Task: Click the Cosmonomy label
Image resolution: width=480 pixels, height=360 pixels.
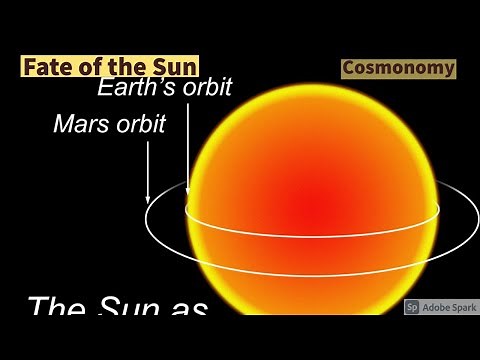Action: (x=398, y=69)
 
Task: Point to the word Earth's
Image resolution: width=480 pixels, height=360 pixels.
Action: (x=137, y=88)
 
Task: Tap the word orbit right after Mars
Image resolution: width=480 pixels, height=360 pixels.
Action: (x=140, y=125)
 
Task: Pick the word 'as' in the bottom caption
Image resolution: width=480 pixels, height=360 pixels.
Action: (x=187, y=308)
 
